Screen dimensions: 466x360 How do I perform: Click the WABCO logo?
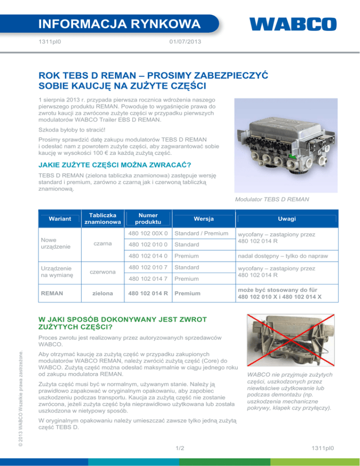click(292, 24)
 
